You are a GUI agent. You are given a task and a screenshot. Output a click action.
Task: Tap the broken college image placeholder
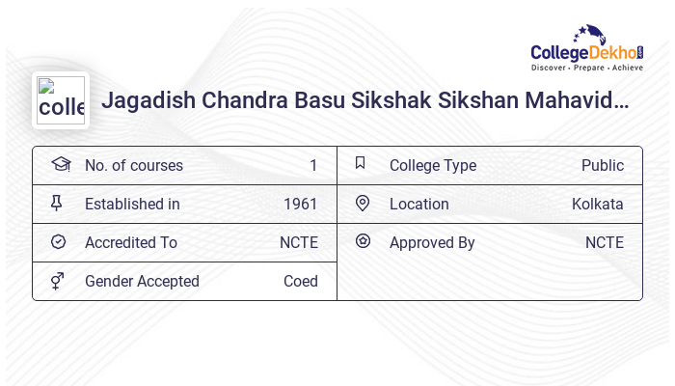click(61, 100)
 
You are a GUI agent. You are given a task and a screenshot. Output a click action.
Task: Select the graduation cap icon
click(60, 164)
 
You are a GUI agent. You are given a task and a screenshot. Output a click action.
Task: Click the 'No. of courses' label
click(133, 166)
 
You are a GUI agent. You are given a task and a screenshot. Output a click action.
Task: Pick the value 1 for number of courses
click(313, 166)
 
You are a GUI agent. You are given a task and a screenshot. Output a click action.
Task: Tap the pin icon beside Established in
click(58, 203)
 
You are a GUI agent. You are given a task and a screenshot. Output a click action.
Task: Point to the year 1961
click(300, 205)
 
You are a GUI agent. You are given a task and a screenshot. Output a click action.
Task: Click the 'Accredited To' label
click(130, 243)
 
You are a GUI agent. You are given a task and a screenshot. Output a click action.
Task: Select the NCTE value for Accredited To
click(298, 243)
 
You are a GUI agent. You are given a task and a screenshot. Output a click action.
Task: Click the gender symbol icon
click(58, 281)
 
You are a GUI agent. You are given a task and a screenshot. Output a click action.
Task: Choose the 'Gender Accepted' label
click(142, 282)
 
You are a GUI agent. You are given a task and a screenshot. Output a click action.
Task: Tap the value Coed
click(300, 282)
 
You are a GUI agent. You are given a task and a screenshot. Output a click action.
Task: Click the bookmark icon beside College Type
click(361, 164)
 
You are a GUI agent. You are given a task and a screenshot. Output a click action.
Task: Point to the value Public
click(602, 166)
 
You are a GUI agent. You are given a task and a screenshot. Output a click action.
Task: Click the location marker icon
click(363, 203)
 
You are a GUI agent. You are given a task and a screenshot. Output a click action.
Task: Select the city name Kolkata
click(597, 205)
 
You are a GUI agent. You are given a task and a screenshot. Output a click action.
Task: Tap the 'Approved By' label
click(432, 243)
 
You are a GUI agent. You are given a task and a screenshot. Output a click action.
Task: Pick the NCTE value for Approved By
click(604, 243)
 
